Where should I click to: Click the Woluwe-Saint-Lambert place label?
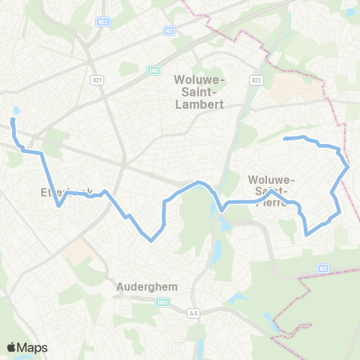199,91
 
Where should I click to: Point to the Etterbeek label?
67,192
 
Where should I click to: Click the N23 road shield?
103,23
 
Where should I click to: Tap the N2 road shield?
169,31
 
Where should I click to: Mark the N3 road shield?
323,268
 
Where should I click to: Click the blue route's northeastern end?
284,139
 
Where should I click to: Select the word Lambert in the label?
199,105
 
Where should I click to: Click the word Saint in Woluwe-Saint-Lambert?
199,91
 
